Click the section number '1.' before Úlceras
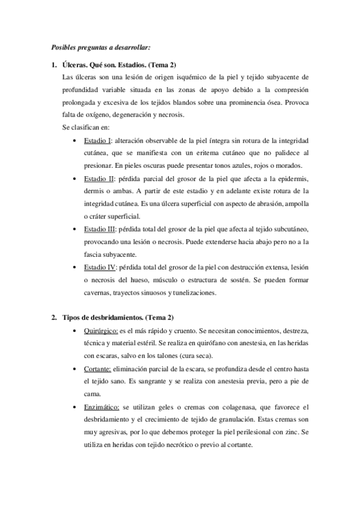pyautogui.click(x=53, y=65)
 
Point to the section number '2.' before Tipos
pyautogui.click(x=53, y=316)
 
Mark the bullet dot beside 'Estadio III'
pyautogui.click(x=73, y=229)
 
